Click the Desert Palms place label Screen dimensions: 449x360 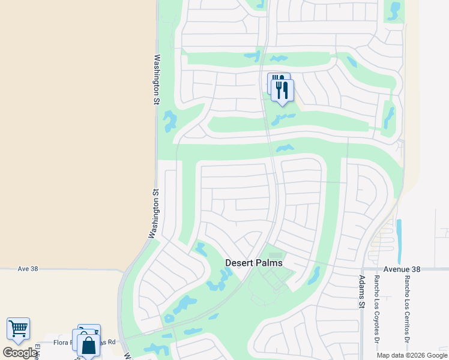point(253,263)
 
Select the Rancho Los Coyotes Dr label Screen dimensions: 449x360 point(377,304)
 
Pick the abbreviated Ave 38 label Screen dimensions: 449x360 point(28,269)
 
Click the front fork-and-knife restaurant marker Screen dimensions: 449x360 point(282,91)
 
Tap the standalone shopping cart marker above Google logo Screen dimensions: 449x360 point(18,328)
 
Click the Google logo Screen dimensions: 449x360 point(20,353)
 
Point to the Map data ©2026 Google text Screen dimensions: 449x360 point(411,355)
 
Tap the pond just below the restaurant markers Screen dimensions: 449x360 point(283,118)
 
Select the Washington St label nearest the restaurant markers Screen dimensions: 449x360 point(156,80)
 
